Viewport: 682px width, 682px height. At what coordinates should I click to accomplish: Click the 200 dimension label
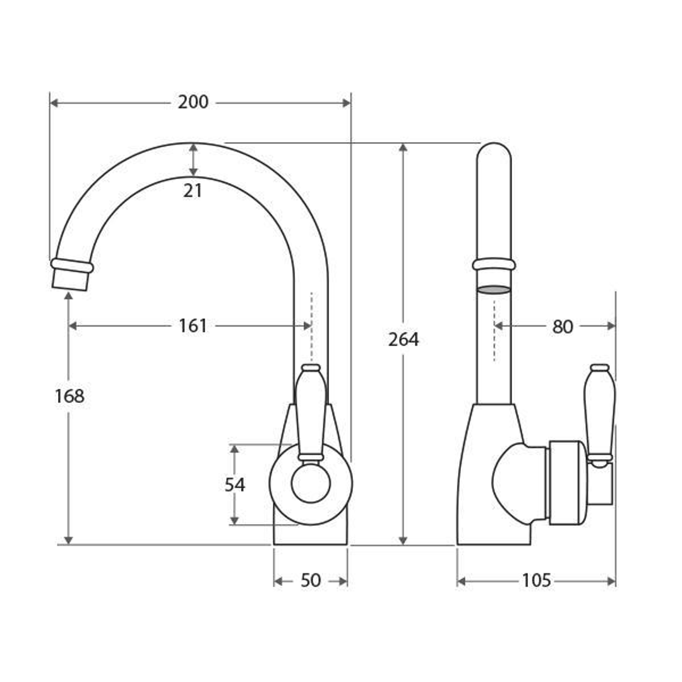point(193,102)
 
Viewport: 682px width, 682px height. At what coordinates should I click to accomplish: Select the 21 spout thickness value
point(192,191)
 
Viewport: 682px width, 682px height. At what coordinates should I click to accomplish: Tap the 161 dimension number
point(193,326)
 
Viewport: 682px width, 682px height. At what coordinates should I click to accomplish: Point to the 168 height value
point(69,396)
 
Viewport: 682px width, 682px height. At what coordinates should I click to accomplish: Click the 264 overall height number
point(404,340)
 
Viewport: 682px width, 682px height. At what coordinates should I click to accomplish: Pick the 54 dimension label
point(235,485)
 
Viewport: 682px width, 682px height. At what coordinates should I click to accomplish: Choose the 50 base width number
point(311,581)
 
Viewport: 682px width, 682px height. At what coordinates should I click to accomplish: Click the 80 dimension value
point(563,326)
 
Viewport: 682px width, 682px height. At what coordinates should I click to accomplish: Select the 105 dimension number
point(536,581)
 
